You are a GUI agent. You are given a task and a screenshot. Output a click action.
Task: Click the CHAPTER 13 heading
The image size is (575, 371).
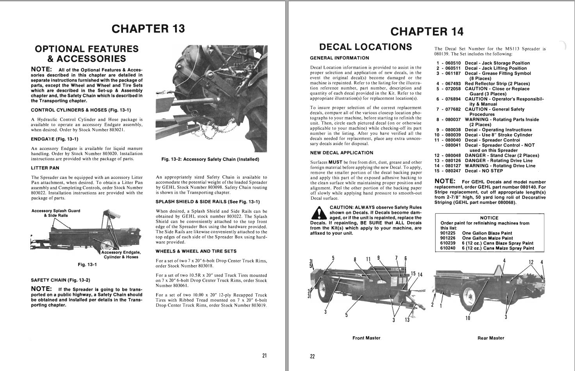pos(148,29)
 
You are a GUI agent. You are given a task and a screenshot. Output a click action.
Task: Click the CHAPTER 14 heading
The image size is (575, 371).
pos(427,31)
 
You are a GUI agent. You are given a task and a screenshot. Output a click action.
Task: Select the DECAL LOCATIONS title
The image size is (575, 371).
pos(365,47)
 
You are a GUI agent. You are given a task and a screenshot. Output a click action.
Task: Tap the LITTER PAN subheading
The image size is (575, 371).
pos(45,168)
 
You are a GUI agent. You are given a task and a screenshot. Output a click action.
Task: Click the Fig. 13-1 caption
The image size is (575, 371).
pos(87,265)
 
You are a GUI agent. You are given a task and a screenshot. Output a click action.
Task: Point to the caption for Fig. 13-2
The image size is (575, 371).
pos(210,159)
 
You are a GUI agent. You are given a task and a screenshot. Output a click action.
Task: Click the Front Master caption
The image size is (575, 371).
pos(366,338)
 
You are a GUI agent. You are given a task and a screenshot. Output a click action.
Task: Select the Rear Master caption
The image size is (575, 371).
pos(491,338)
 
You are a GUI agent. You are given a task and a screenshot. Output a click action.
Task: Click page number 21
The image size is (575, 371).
pos(264,355)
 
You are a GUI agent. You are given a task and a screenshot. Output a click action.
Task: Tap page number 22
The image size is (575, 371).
pos(312,356)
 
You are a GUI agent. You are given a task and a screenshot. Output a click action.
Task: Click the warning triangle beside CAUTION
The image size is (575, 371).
pos(320,213)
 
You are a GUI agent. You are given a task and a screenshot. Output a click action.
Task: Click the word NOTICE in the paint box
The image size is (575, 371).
pos(489,218)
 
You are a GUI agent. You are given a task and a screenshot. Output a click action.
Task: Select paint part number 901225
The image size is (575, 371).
pos(448,233)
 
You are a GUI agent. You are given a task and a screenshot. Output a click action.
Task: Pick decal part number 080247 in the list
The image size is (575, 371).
pos(453,171)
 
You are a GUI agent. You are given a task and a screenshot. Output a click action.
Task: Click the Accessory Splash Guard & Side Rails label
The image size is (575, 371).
pos(56,213)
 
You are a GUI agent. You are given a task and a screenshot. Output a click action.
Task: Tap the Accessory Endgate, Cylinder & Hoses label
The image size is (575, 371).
pos(121,255)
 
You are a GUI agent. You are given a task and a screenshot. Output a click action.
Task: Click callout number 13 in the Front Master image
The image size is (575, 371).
pos(407,320)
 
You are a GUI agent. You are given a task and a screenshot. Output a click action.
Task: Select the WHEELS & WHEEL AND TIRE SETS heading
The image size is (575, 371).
pos(196,251)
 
